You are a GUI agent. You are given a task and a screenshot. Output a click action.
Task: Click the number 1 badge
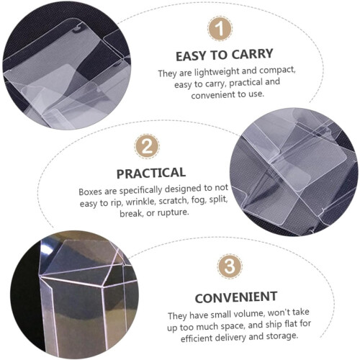(x=220, y=29)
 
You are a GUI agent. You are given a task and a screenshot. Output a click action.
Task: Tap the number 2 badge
(x=147, y=146)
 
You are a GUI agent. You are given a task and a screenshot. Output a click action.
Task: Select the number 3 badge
(x=230, y=266)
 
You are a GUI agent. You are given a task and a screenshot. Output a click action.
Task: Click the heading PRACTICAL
(x=151, y=173)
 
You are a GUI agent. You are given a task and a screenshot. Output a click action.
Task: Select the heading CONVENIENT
(x=236, y=297)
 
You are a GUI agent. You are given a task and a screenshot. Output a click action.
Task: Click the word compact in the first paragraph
(x=277, y=70)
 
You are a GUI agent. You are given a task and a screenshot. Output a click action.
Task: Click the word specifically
(x=140, y=190)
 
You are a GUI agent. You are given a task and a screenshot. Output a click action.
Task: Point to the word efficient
(x=197, y=338)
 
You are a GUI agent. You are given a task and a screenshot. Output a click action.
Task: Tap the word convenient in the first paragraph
(x=213, y=95)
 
